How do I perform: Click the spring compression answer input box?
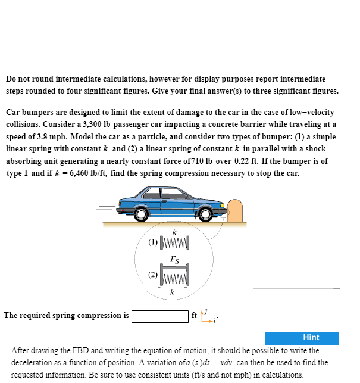(x=159, y=316)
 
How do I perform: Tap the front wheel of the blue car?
(x=205, y=213)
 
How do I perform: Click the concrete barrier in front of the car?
(x=234, y=210)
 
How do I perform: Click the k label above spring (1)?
(x=174, y=232)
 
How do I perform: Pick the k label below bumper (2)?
(x=171, y=292)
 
